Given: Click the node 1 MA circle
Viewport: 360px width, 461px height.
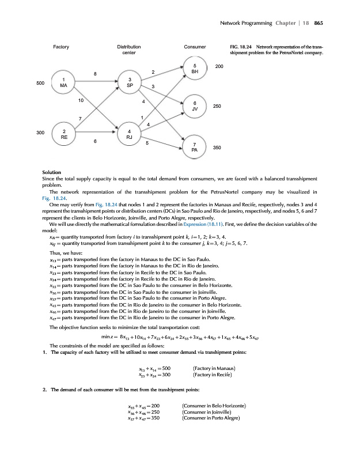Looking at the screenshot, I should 63,82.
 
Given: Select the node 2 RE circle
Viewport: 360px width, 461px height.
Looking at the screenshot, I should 63,134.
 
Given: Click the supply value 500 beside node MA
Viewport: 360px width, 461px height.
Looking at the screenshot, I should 40,84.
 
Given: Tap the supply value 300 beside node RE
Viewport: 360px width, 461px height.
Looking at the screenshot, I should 40,133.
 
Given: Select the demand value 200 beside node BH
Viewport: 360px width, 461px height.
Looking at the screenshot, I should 219,67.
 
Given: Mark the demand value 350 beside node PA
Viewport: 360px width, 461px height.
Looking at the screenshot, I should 217,148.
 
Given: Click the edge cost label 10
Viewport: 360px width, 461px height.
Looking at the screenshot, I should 81,100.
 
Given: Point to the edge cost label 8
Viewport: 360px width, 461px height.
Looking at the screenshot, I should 95,73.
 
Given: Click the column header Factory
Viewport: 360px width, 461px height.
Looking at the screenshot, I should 62,46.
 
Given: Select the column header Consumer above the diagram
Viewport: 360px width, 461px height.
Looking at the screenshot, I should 192,46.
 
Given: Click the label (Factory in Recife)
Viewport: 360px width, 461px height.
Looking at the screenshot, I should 214,375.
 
